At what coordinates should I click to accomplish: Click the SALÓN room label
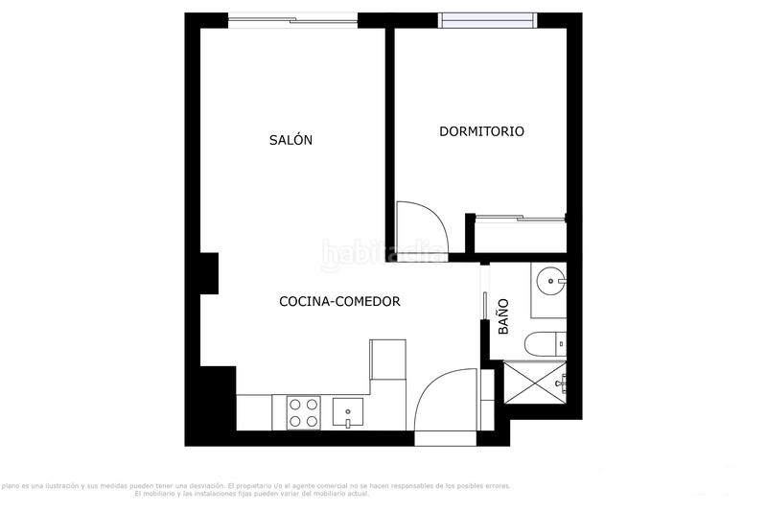tap(291, 140)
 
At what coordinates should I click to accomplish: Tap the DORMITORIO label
tap(481, 131)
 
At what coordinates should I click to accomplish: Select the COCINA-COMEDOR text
tap(339, 301)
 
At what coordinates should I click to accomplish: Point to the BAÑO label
tap(504, 316)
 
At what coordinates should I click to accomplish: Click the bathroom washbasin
tap(550, 281)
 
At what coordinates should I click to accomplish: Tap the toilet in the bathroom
tap(547, 343)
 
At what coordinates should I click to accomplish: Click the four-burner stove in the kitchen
tap(304, 412)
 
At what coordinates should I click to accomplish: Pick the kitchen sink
tap(347, 413)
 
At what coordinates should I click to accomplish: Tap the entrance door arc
tap(447, 403)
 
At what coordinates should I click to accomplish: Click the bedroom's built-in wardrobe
tap(521, 235)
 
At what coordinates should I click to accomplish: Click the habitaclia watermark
tap(383, 254)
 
